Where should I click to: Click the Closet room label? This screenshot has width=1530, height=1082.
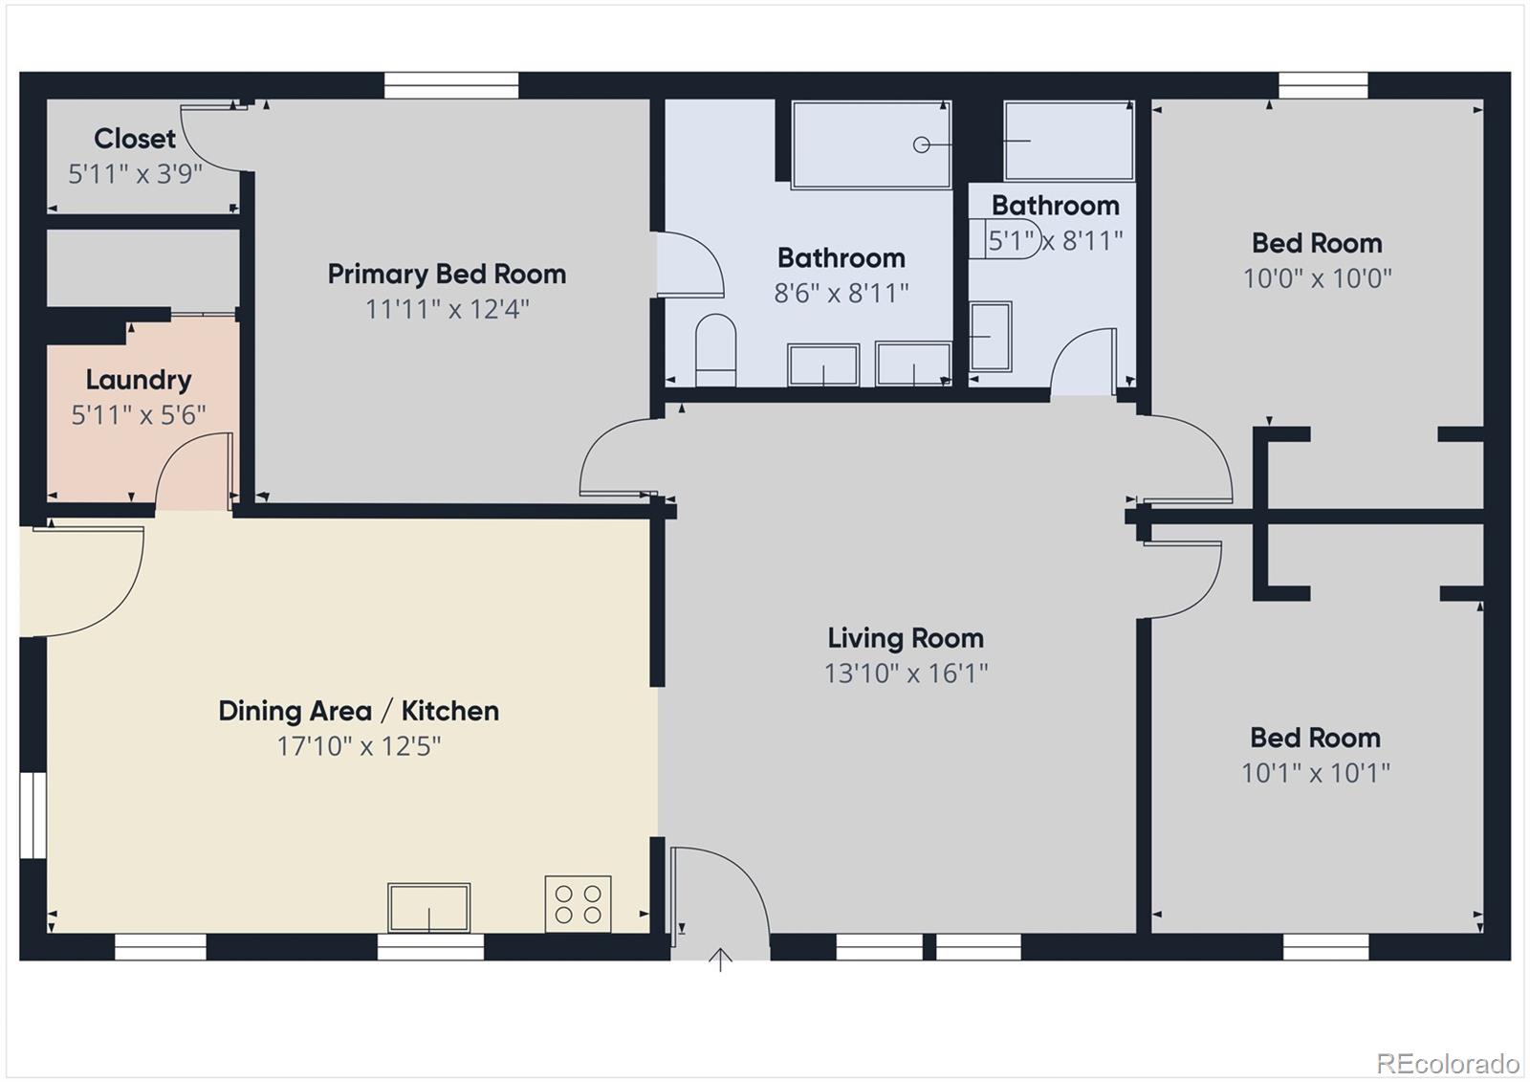pyautogui.click(x=135, y=139)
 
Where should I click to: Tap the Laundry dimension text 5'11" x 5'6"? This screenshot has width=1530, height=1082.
pyautogui.click(x=139, y=415)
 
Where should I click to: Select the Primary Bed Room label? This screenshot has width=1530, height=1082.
pyautogui.click(x=447, y=275)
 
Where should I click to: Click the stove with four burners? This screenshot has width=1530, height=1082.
pyautogui.click(x=578, y=904)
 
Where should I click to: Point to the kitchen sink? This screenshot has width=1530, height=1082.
pyautogui.click(x=428, y=907)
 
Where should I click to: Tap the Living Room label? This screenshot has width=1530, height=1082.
pyautogui.click(x=905, y=638)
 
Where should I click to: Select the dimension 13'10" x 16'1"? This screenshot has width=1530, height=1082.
pyautogui.click(x=906, y=673)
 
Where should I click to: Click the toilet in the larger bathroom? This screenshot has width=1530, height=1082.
pyautogui.click(x=715, y=349)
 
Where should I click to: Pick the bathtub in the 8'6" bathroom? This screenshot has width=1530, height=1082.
pyautogui.click(x=870, y=144)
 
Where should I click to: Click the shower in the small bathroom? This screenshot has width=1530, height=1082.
pyautogui.click(x=1068, y=141)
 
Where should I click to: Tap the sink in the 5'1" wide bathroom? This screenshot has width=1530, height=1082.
pyautogui.click(x=991, y=337)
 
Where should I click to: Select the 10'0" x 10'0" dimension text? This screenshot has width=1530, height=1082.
pyautogui.click(x=1317, y=278)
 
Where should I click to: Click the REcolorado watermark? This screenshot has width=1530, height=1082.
pyautogui.click(x=1447, y=1063)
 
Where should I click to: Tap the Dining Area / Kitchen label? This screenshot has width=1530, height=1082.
pyautogui.click(x=359, y=711)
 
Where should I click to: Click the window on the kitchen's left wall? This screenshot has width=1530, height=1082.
pyautogui.click(x=33, y=815)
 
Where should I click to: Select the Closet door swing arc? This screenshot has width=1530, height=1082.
pyautogui.click(x=206, y=144)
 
